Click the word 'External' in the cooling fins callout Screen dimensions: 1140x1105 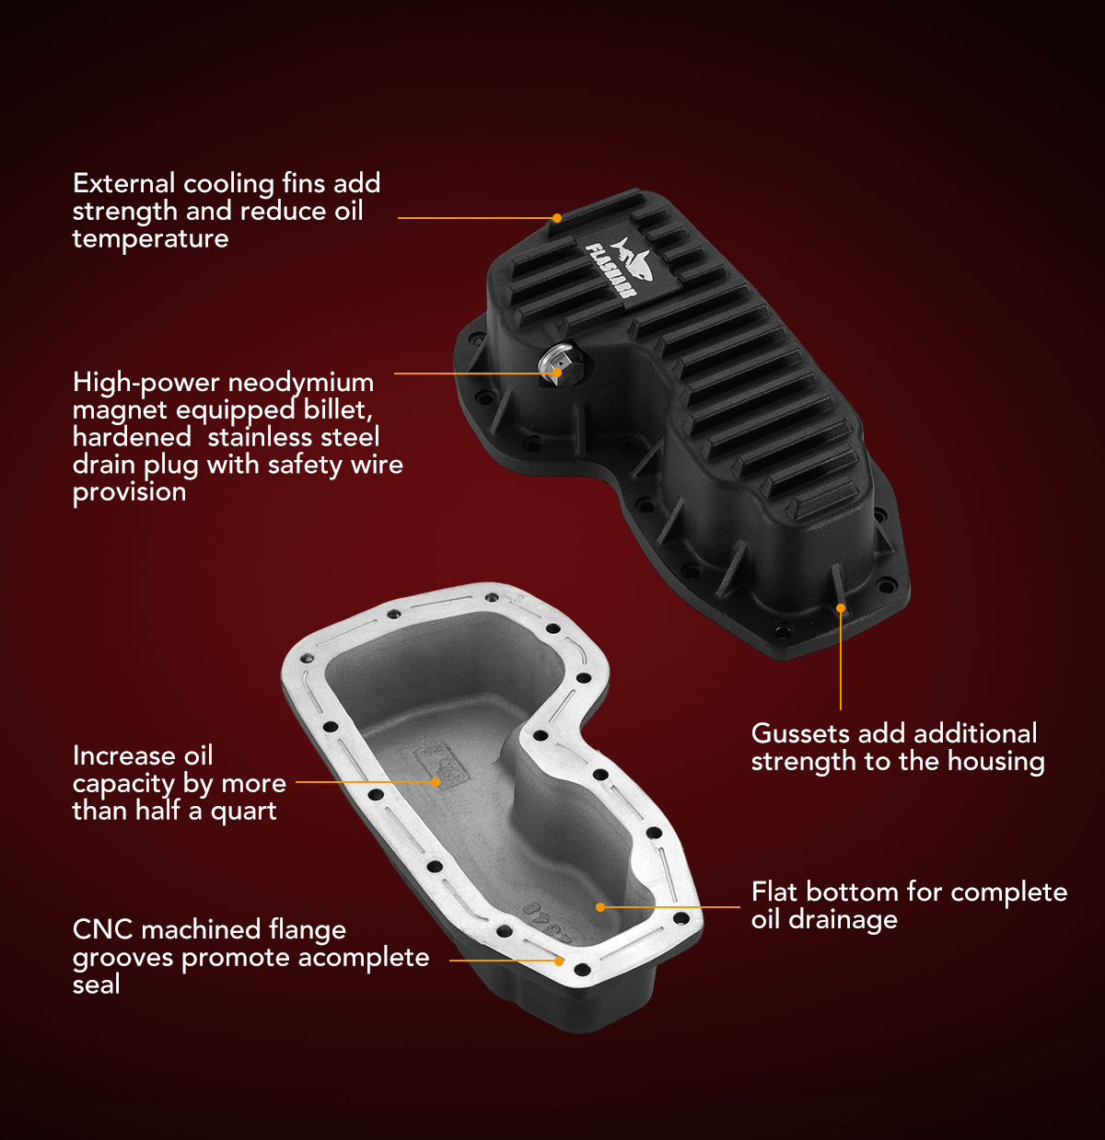point(123,183)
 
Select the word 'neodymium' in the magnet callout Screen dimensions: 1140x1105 point(300,383)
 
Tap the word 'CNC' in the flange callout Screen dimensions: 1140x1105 point(103,929)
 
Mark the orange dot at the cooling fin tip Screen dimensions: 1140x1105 point(556,218)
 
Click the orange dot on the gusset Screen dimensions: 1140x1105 point(840,608)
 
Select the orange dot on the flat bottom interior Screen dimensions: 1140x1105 point(600,907)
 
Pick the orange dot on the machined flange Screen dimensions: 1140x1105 point(559,961)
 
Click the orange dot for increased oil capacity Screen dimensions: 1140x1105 point(436,782)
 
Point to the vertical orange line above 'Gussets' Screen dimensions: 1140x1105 point(840,662)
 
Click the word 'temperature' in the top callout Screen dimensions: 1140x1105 point(150,239)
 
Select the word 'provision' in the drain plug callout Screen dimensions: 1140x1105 point(129,492)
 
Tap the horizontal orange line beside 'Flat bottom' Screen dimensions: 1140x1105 point(672,907)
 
